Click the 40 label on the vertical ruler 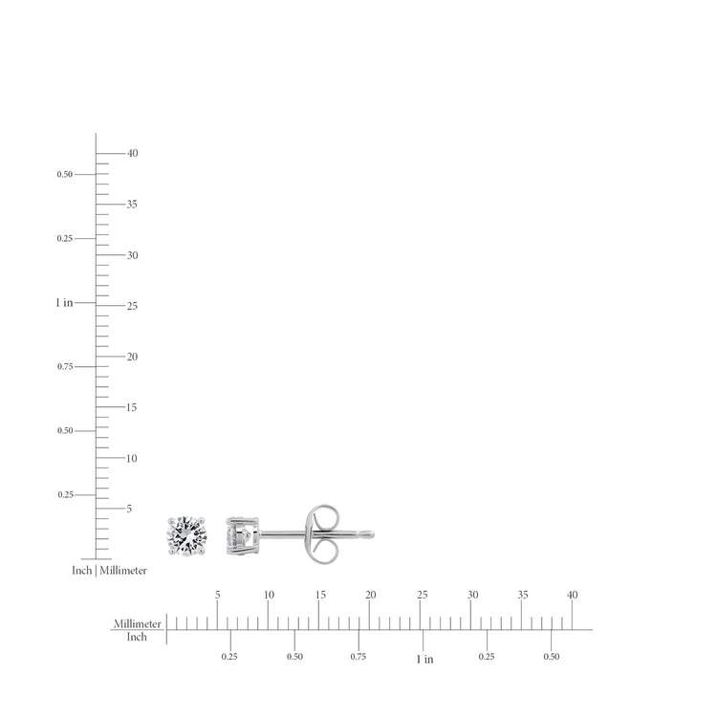tap(133, 153)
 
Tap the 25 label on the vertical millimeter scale tap(132, 306)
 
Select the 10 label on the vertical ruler tap(132, 458)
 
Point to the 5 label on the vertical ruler tap(129, 509)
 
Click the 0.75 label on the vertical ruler tap(65, 367)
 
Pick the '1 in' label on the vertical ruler tap(64, 303)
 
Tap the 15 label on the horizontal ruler tap(320, 595)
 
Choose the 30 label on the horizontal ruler tap(472, 595)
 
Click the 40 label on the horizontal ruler tap(572, 595)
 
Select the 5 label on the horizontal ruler tap(218, 595)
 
